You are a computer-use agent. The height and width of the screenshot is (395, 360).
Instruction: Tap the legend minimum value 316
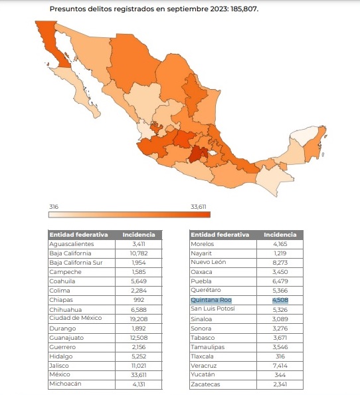coord(54,207)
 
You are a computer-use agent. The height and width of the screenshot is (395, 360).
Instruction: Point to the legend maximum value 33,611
coord(199,207)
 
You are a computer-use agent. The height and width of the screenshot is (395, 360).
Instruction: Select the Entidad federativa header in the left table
coord(78,235)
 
